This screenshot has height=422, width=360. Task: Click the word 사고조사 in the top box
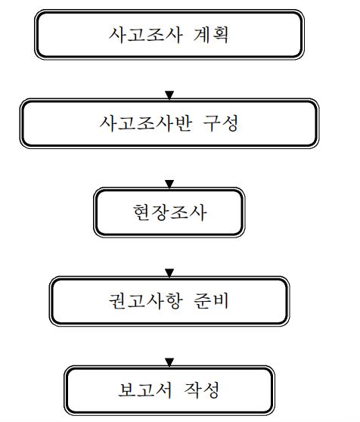(x=145, y=35)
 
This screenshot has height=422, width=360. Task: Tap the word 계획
(x=211, y=35)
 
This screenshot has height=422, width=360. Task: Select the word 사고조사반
(x=146, y=123)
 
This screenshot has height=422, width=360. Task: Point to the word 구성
(x=221, y=123)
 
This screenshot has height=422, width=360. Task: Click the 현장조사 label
(x=169, y=213)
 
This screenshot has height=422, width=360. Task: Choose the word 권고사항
(x=145, y=301)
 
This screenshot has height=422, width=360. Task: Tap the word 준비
(x=211, y=301)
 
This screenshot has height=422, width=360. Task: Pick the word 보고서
(x=144, y=389)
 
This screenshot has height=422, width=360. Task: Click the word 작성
(x=202, y=389)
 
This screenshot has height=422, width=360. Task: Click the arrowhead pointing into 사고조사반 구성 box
(x=169, y=95)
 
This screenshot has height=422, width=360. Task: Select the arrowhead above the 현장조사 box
(x=169, y=184)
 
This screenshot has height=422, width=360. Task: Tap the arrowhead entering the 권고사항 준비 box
(x=169, y=273)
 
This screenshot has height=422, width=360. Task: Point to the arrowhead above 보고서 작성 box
(x=169, y=362)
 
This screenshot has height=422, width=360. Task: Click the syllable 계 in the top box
(x=202, y=35)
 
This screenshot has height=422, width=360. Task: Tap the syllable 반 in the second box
(x=184, y=123)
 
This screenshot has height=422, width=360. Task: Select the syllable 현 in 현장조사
(x=141, y=213)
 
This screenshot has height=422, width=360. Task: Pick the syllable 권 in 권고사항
(x=117, y=301)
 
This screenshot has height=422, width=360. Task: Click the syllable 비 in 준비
(x=221, y=301)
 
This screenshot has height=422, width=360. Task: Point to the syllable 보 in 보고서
(x=126, y=389)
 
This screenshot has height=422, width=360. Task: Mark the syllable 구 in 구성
(x=212, y=123)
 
